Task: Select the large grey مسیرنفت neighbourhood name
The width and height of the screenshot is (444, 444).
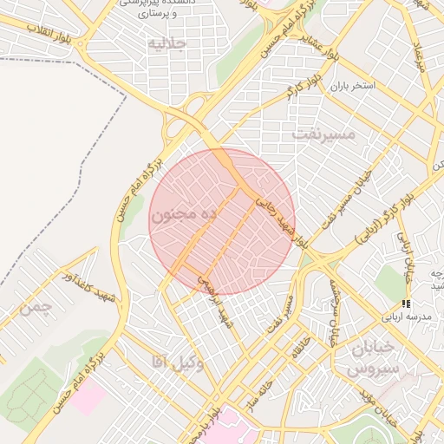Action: (323, 134)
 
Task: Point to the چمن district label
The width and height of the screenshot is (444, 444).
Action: (40, 307)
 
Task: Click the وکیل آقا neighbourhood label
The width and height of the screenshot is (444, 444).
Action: (177, 362)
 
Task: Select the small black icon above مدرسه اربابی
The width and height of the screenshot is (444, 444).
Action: (405, 304)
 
